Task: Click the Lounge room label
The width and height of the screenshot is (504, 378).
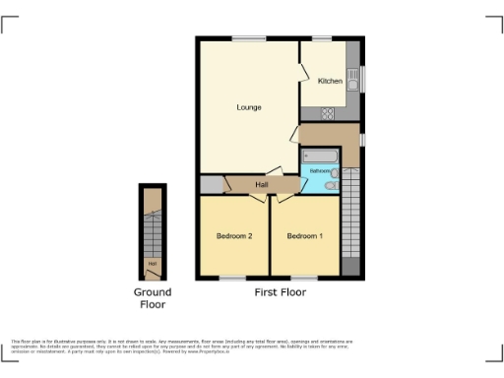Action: [248, 106]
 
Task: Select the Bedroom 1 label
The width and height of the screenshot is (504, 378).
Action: [303, 236]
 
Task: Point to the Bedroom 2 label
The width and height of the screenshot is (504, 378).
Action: [235, 236]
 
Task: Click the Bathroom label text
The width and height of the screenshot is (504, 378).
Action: [318, 171]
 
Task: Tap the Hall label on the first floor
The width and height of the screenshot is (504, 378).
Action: [262, 185]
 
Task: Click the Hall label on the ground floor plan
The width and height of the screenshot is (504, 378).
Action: [152, 263]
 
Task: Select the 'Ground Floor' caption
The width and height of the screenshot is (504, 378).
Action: [153, 298]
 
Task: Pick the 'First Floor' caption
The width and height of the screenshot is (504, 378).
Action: [279, 292]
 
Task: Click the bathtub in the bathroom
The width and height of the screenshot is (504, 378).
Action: [320, 157]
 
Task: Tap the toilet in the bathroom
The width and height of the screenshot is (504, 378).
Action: [333, 183]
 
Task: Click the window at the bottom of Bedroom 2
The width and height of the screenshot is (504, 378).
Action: [233, 279]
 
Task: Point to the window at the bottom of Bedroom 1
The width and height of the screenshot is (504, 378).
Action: [304, 279]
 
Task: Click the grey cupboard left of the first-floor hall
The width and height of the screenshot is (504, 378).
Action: [212, 185]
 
